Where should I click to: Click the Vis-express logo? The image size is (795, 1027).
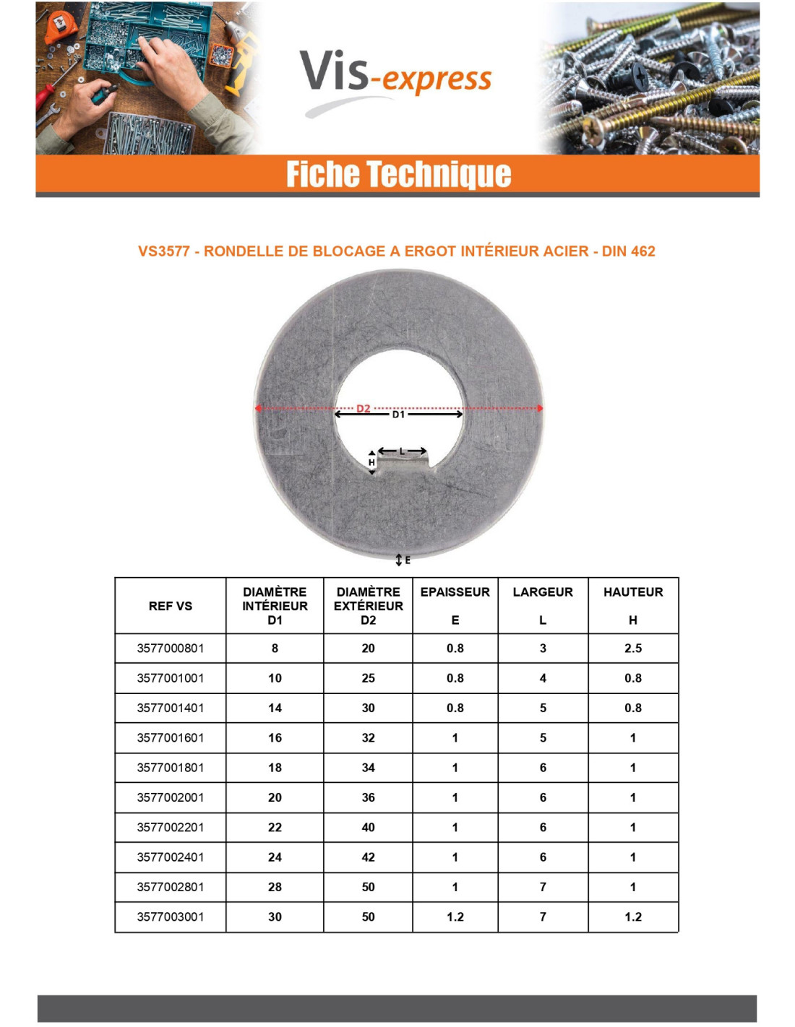pyautogui.click(x=395, y=75)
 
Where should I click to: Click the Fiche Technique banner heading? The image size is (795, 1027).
pyautogui.click(x=398, y=174)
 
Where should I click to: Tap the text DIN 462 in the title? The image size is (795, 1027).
pyautogui.click(x=628, y=251)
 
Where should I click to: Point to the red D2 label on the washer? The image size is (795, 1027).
pyautogui.click(x=363, y=408)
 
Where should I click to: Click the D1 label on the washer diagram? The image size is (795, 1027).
pyautogui.click(x=398, y=415)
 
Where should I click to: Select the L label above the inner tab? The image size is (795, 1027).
pyautogui.click(x=403, y=451)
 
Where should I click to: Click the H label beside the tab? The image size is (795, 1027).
pyautogui.click(x=371, y=462)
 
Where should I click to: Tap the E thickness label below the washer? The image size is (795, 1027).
pyautogui.click(x=407, y=560)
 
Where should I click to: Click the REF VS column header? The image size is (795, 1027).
pyautogui.click(x=171, y=606)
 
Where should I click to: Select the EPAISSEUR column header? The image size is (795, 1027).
pyautogui.click(x=455, y=592)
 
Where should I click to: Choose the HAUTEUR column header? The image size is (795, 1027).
pyautogui.click(x=632, y=592)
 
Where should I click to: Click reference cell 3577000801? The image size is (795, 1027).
pyautogui.click(x=171, y=649)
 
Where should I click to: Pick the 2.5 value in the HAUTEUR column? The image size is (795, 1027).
pyautogui.click(x=632, y=649)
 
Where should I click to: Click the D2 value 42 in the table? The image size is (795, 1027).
pyautogui.click(x=368, y=857)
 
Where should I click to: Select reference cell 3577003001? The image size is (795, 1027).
pyautogui.click(x=171, y=916)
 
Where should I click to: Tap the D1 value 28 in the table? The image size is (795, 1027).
pyautogui.click(x=275, y=887)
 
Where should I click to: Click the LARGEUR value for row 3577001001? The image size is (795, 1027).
pyautogui.click(x=543, y=678)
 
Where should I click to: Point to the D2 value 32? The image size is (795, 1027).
pyautogui.click(x=368, y=738)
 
